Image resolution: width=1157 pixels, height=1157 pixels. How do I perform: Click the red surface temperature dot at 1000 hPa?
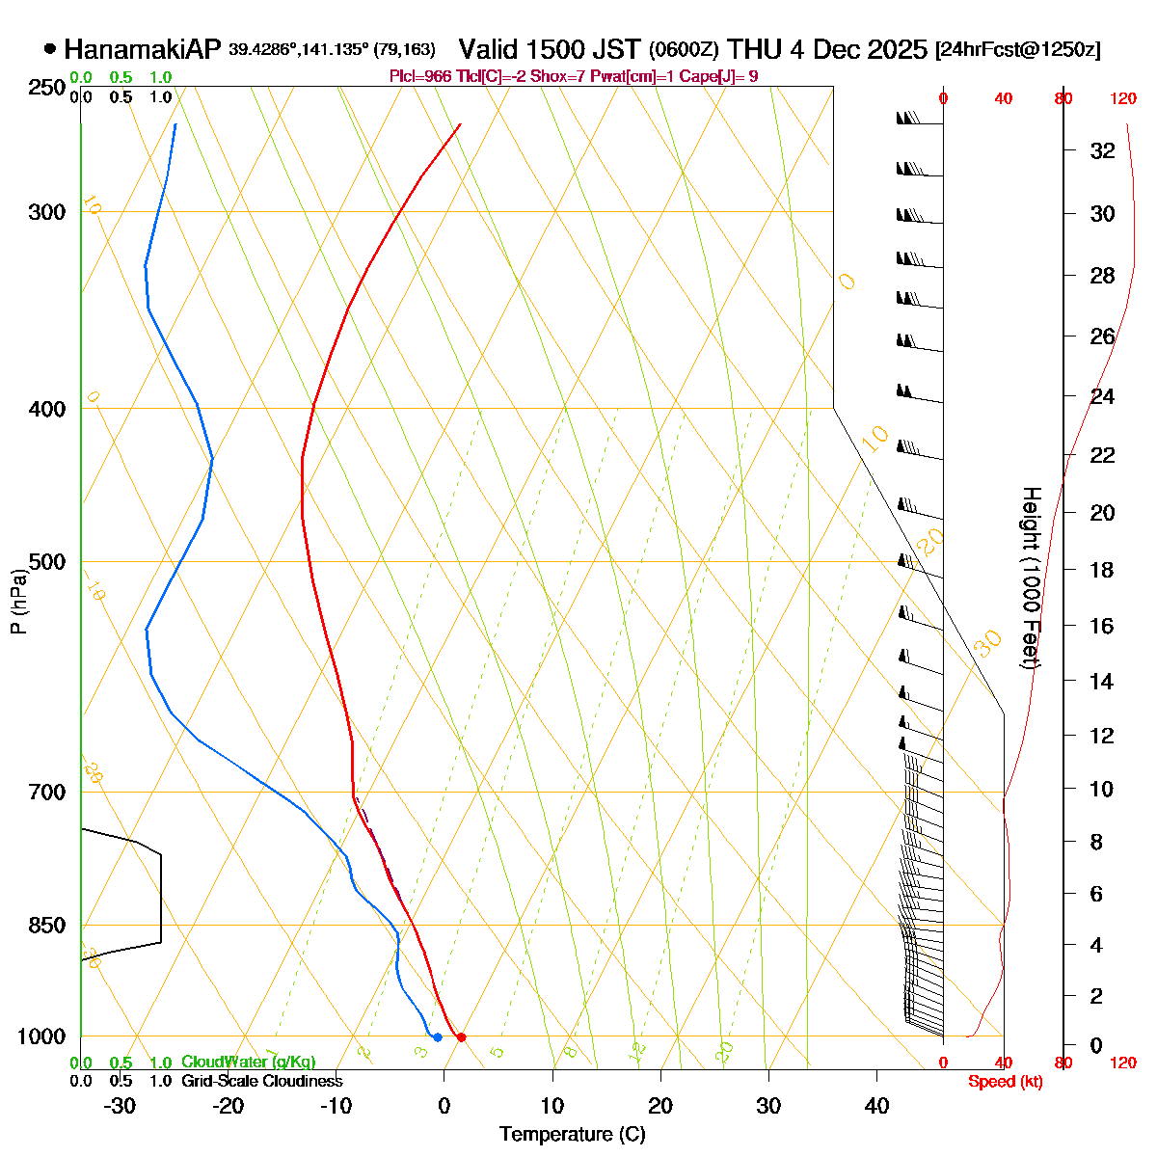461,1037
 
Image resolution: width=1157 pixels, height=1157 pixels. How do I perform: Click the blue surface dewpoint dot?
438,1037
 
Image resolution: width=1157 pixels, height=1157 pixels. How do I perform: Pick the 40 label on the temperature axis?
876,1106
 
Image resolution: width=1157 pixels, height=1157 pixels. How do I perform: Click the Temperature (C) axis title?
573,1135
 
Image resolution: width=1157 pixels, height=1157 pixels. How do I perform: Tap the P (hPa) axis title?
18,602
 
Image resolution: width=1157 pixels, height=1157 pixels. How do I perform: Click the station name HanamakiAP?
143,49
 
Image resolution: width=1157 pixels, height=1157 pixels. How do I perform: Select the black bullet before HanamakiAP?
50,49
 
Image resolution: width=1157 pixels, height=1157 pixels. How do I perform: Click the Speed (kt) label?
1005,1082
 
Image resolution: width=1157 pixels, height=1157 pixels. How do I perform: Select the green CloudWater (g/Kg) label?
248,1063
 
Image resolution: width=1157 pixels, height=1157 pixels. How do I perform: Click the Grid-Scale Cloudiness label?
261,1082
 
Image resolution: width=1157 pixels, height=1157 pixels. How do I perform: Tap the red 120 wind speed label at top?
1122,98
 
